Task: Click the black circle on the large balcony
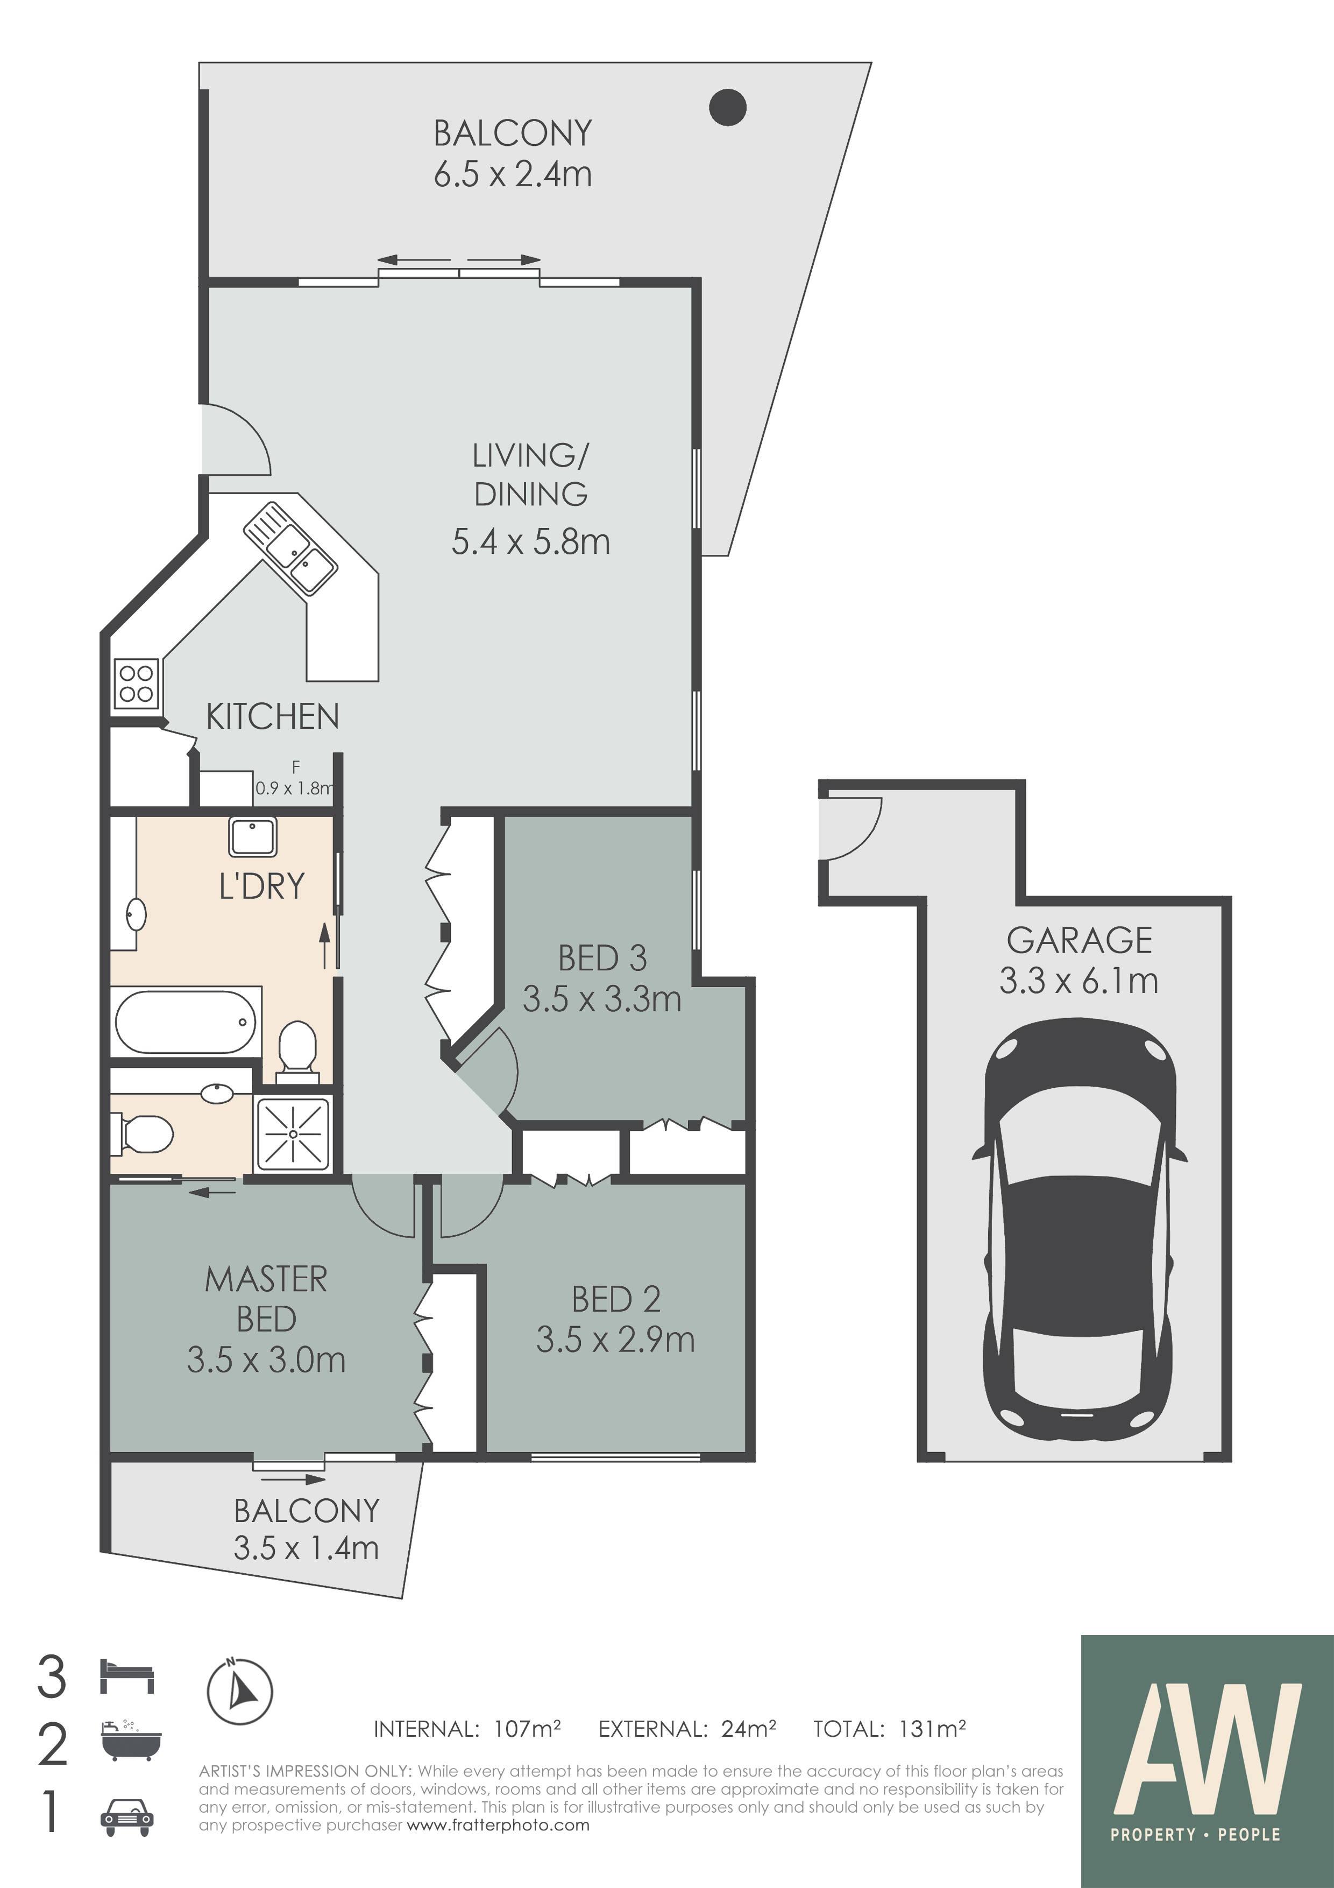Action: (727, 107)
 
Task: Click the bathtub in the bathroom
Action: (186, 1022)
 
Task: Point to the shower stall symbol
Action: (294, 1134)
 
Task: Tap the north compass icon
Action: (239, 1692)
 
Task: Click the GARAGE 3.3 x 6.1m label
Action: (1079, 960)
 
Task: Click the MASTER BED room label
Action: (266, 1299)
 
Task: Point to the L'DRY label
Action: (261, 886)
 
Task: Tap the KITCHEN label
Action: (272, 716)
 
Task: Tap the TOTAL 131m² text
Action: (889, 1729)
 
